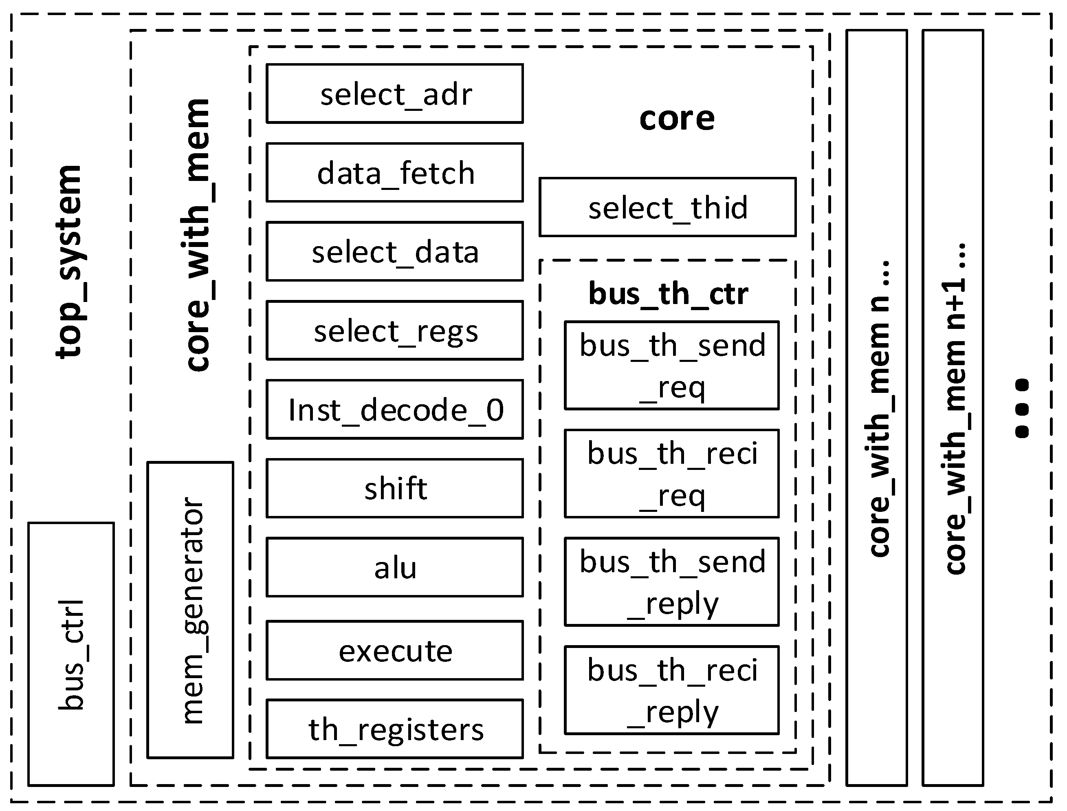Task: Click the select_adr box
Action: pos(395,94)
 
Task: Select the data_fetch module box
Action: pos(395,172)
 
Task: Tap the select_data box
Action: pos(395,251)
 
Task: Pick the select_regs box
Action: pos(395,331)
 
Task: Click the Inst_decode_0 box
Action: pos(395,409)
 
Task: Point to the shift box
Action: pos(395,489)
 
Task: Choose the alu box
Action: pos(395,567)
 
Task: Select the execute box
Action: pos(395,651)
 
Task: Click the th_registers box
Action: pos(395,729)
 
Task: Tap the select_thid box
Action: pos(667,207)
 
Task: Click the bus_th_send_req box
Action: pos(672,366)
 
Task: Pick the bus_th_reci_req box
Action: pos(672,474)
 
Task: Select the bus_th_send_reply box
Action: pos(672,582)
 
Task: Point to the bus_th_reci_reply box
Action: pos(672,690)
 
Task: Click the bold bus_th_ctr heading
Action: pos(669,293)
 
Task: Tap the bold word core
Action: pos(677,118)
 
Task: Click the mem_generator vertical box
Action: pos(191,610)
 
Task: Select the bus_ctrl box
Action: pos(71,655)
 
